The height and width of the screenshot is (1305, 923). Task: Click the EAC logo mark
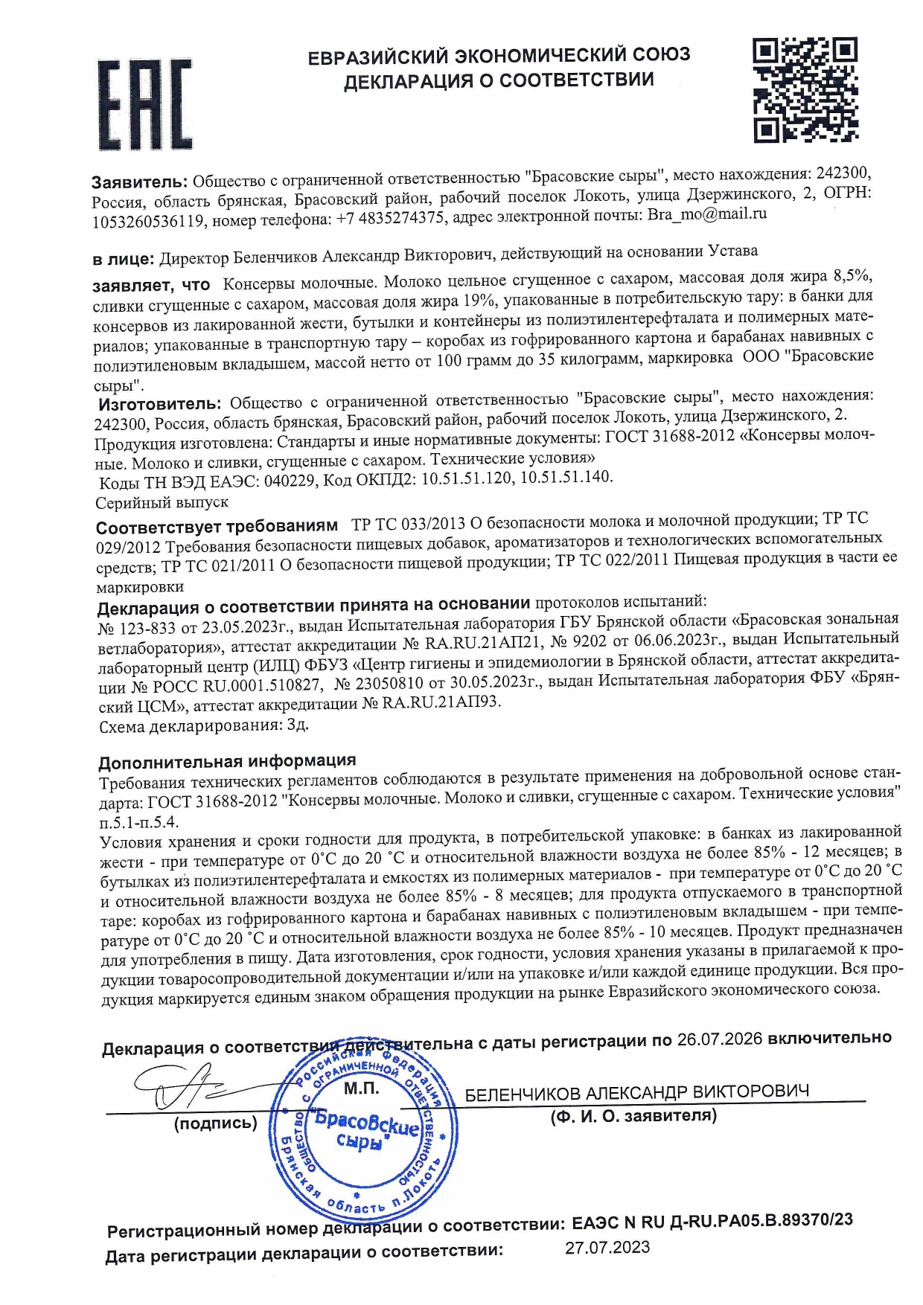pos(145,105)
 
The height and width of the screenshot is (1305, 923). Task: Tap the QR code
pos(805,91)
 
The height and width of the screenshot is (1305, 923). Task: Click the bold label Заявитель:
pos(139,182)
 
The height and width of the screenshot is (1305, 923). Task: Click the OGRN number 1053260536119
pos(148,221)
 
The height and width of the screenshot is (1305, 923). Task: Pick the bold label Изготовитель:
pos(160,404)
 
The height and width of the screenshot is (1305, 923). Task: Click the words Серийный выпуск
pos(162,503)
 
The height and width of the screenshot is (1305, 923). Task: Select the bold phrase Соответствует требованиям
pos(217,527)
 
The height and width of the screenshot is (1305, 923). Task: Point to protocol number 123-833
pos(144,627)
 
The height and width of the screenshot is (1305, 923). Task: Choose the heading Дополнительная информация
pos(227,761)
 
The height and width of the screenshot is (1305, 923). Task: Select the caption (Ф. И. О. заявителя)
pos(633,1115)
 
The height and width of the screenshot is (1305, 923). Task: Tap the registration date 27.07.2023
pos(607,1247)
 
